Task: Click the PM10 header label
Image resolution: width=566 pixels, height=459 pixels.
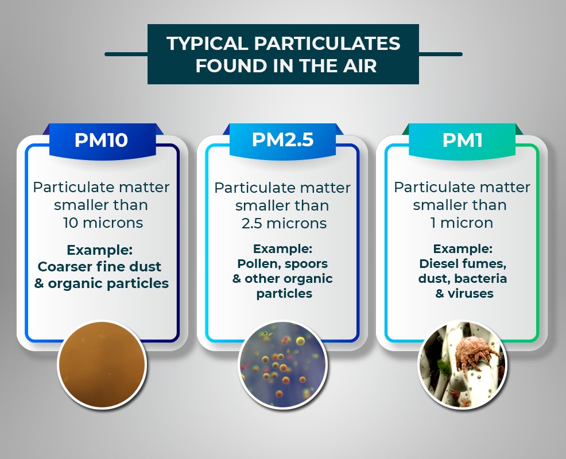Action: pos(101,140)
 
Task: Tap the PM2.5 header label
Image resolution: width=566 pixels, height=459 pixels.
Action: pos(282,139)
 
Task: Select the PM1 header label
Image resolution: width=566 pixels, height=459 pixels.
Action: pos(463,140)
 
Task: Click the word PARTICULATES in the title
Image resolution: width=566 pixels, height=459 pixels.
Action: pos(327,43)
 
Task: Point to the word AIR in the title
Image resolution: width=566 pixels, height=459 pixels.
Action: pos(358,65)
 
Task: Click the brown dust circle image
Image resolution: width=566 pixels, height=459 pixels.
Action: pos(102,364)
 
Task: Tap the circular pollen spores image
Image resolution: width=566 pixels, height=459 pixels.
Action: pos(282,364)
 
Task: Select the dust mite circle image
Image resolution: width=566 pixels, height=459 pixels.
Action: pos(463,364)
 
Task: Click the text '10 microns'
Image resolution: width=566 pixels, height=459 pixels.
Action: pos(103,223)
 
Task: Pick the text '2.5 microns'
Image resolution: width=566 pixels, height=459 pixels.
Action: pos(284,223)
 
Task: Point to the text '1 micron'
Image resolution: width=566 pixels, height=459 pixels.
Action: pos(462,223)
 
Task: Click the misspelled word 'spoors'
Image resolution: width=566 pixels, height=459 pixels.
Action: pos(307,264)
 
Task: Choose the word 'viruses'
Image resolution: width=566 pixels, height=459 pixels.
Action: pos(470,293)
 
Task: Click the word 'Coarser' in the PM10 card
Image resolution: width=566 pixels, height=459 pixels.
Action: pos(65,267)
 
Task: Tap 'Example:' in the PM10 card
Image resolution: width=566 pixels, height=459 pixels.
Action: pos(100,250)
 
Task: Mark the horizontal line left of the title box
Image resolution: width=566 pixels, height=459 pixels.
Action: pos(126,54)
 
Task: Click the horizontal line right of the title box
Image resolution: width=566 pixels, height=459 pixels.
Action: pos(441,54)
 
